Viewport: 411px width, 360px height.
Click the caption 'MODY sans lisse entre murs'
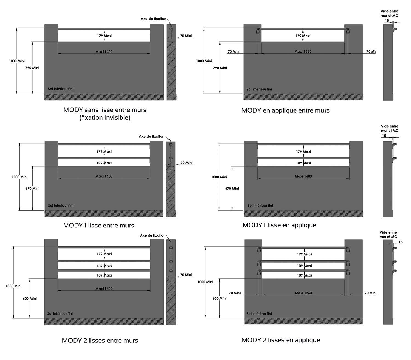pyautogui.click(x=105, y=110)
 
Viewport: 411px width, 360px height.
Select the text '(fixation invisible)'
pyautogui.click(x=105, y=117)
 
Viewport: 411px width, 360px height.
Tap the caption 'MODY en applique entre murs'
pyautogui.click(x=285, y=110)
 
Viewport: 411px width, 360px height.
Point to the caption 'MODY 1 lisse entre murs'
pyautogui.click(x=99, y=226)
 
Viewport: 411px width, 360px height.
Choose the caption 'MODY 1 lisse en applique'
pyautogui.click(x=279, y=225)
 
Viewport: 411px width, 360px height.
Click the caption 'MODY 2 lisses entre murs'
pyautogui.click(x=100, y=341)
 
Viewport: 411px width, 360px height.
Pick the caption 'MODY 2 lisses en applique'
pyautogui.click(x=281, y=340)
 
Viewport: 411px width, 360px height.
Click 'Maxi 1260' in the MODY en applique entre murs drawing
pyautogui.click(x=303, y=51)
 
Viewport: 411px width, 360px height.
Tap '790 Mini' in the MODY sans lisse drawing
pyautogui.click(x=32, y=68)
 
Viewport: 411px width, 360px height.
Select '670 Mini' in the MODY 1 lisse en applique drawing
pyautogui.click(x=232, y=188)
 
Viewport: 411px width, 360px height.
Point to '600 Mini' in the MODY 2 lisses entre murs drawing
pyautogui.click(x=30, y=299)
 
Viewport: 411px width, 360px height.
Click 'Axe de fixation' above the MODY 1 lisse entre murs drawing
pyautogui.click(x=152, y=136)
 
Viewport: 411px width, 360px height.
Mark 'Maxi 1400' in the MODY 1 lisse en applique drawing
pyautogui.click(x=303, y=176)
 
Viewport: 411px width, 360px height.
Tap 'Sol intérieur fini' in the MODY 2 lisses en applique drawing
pyautogui.click(x=259, y=314)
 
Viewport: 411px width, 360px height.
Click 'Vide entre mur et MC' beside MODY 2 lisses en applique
pyautogui.click(x=388, y=234)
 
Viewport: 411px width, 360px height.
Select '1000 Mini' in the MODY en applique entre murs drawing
pyautogui.click(x=204, y=61)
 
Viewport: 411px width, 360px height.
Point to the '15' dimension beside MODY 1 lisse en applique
pyautogui.click(x=384, y=136)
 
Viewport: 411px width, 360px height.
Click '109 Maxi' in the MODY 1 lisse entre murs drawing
pyautogui.click(x=104, y=163)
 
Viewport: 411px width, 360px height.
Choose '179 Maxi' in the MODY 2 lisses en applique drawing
pyautogui.click(x=304, y=254)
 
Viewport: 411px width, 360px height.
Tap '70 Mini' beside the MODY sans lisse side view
pyautogui.click(x=186, y=36)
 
